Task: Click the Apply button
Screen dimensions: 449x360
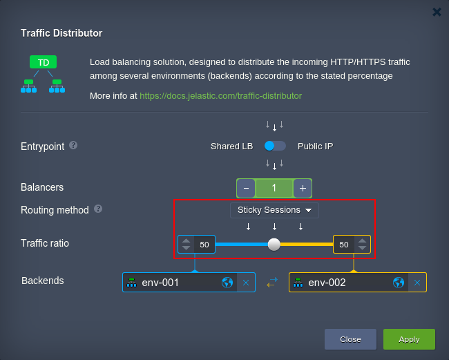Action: (409, 339)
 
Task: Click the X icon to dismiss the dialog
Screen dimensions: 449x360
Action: (437, 12)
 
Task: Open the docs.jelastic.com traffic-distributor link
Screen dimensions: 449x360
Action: (220, 95)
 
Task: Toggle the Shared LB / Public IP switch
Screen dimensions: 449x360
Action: (275, 146)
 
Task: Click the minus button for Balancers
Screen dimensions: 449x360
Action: (246, 188)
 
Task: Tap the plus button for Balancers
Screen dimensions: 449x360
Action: (303, 188)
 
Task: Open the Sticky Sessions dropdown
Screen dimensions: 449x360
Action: (274, 210)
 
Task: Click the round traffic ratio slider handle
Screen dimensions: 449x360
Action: (274, 245)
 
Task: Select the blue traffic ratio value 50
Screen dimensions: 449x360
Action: (204, 245)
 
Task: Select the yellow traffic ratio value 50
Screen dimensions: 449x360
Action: (343, 245)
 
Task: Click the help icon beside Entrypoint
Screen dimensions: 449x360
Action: (73, 146)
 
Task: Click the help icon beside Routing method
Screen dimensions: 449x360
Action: (98, 209)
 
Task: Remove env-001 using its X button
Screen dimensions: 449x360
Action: (246, 283)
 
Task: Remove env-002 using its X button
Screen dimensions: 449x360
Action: (417, 283)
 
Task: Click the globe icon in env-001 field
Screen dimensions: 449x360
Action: (227, 283)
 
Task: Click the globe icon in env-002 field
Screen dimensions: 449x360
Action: (399, 283)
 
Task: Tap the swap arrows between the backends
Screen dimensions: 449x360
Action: (272, 283)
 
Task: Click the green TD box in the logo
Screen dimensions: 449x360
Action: (44, 62)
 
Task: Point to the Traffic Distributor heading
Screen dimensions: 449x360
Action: (61, 33)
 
